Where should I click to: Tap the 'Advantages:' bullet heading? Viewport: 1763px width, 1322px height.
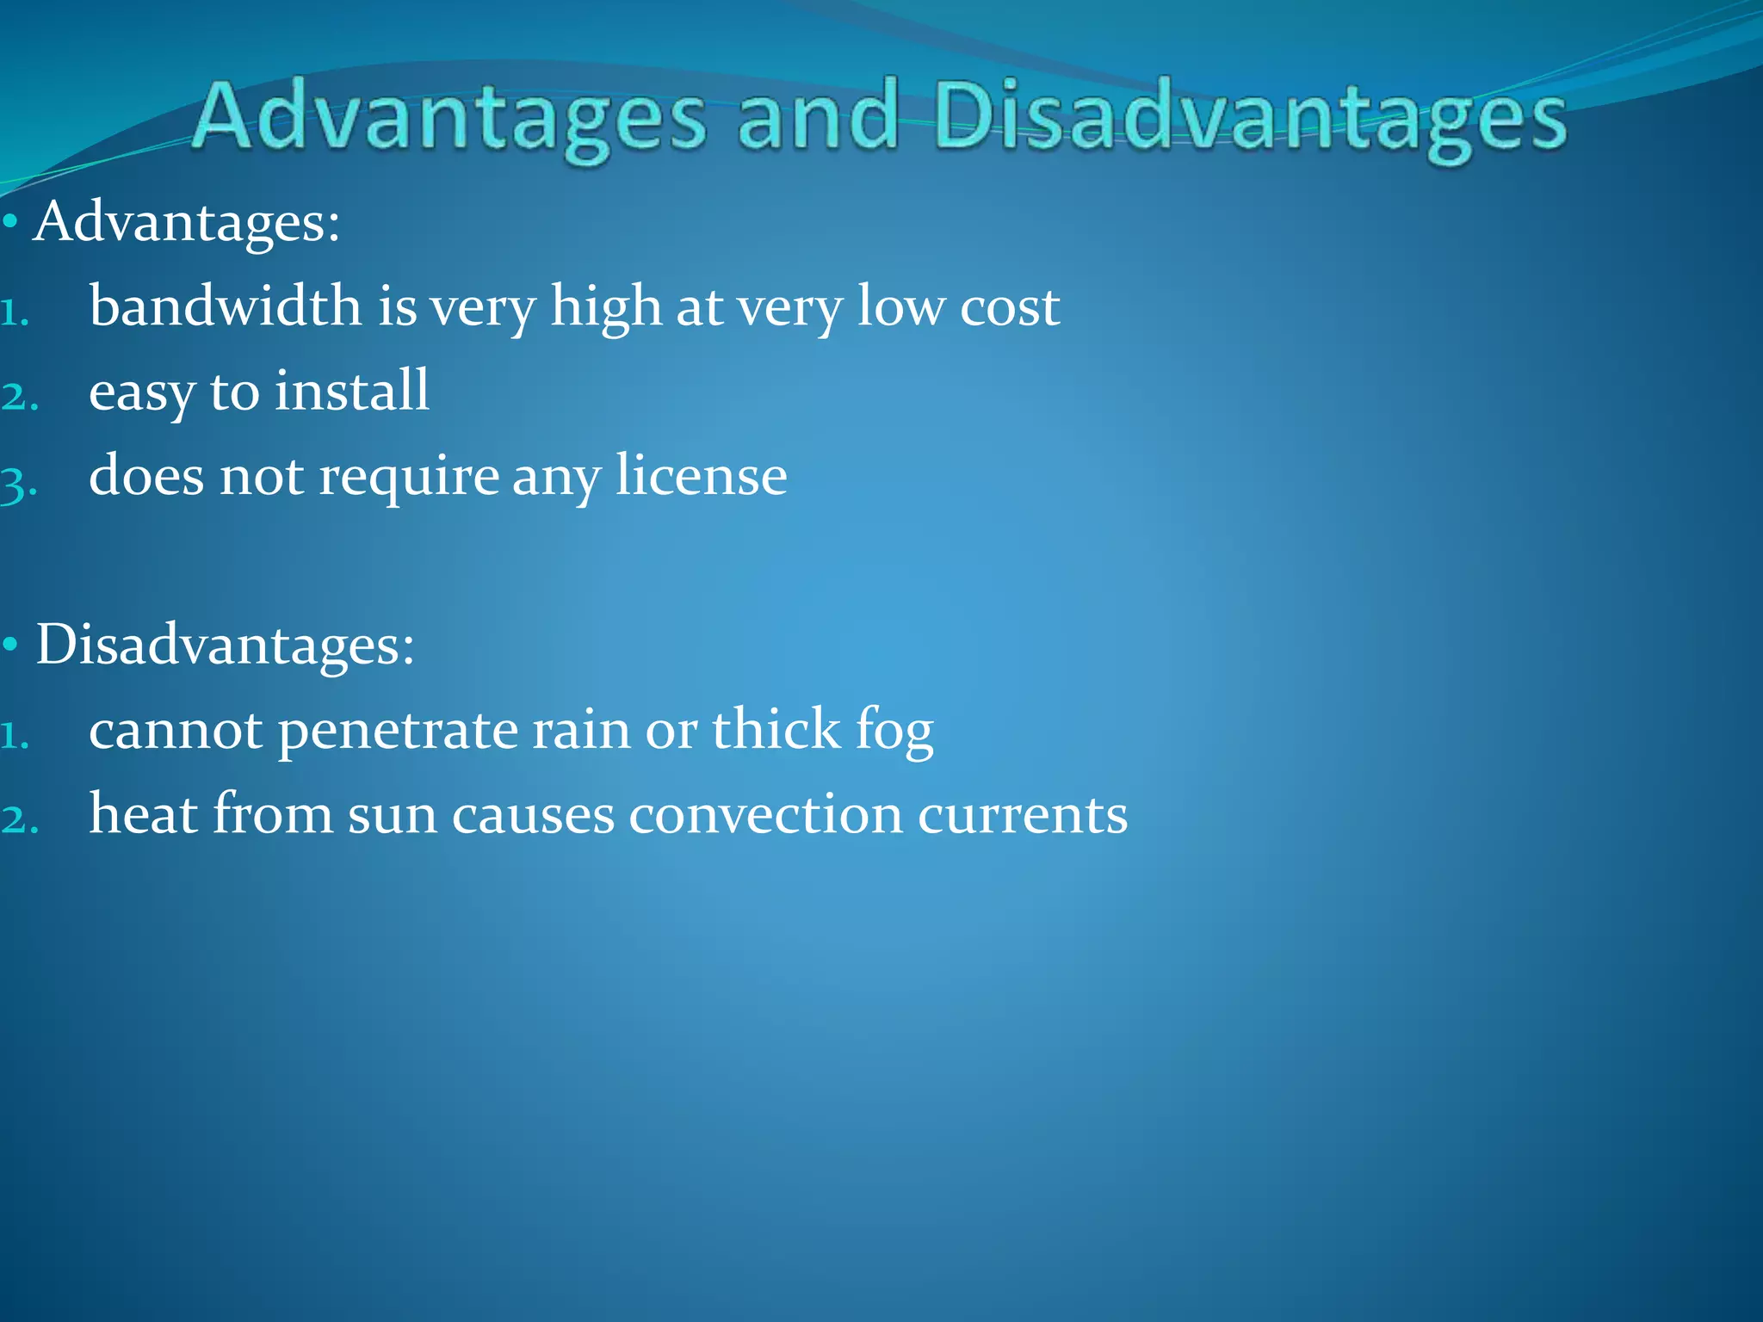pyautogui.click(x=187, y=222)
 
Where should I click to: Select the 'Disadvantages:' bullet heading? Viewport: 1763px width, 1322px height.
pyautogui.click(x=225, y=645)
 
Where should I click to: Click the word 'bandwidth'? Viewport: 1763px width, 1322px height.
pyautogui.click(x=226, y=306)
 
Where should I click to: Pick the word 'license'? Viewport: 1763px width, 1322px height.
pyautogui.click(x=701, y=476)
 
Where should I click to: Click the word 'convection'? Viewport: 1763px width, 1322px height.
pyautogui.click(x=765, y=814)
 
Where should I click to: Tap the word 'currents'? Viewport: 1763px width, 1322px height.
pyautogui.click(x=1022, y=814)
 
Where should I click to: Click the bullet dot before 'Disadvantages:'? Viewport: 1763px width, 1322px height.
pyautogui.click(x=10, y=645)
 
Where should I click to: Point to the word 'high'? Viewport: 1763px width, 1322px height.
pyautogui.click(x=605, y=307)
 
